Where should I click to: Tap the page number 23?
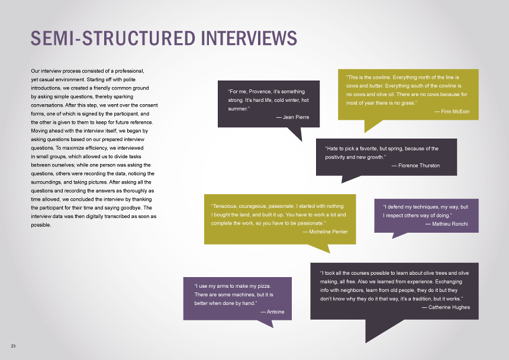(x=12, y=345)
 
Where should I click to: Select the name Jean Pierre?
(x=296, y=117)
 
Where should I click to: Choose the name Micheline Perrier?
(x=328, y=231)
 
